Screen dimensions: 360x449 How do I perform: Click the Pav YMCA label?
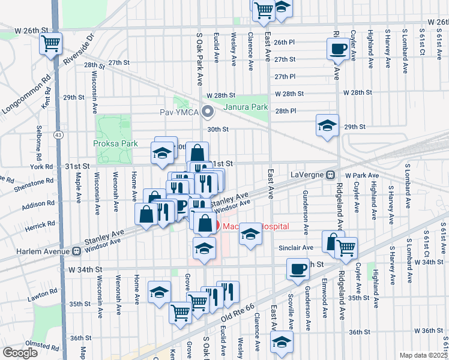(180, 112)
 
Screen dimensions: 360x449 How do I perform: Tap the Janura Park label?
(244, 107)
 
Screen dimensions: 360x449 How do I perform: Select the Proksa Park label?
(116, 143)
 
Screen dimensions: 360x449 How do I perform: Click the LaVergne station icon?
(330, 175)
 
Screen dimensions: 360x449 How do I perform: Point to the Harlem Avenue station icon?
(77, 250)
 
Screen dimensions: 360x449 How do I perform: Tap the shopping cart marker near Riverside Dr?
(51, 44)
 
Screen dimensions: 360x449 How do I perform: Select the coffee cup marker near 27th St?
(338, 49)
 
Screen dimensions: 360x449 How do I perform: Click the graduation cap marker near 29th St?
(327, 125)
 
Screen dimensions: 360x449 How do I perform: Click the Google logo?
(20, 352)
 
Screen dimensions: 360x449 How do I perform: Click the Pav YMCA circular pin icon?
(208, 112)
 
